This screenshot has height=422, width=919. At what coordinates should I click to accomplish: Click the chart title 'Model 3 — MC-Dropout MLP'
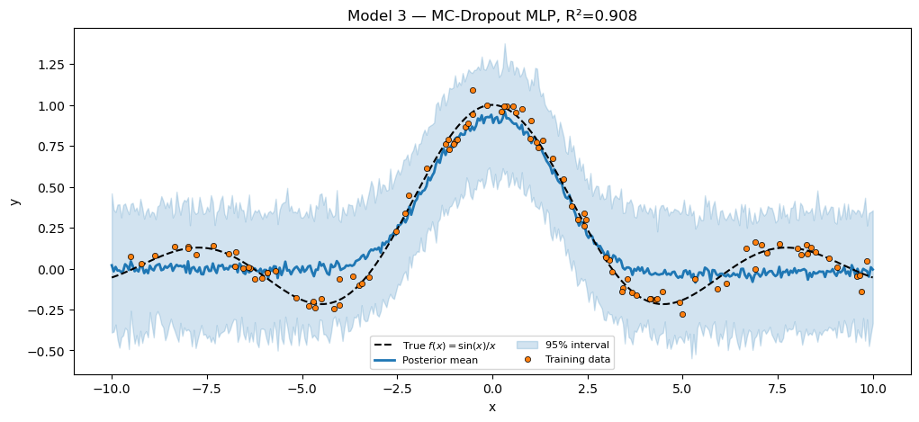[x=449, y=16]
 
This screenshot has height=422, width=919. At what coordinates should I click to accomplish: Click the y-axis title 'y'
[x=14, y=201]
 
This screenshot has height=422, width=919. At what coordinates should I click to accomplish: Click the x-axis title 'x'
[x=491, y=407]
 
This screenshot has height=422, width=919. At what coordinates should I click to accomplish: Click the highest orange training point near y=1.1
[x=473, y=90]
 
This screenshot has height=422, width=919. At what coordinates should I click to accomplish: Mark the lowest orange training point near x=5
[x=682, y=314]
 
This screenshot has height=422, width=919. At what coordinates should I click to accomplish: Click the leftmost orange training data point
[x=131, y=256]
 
